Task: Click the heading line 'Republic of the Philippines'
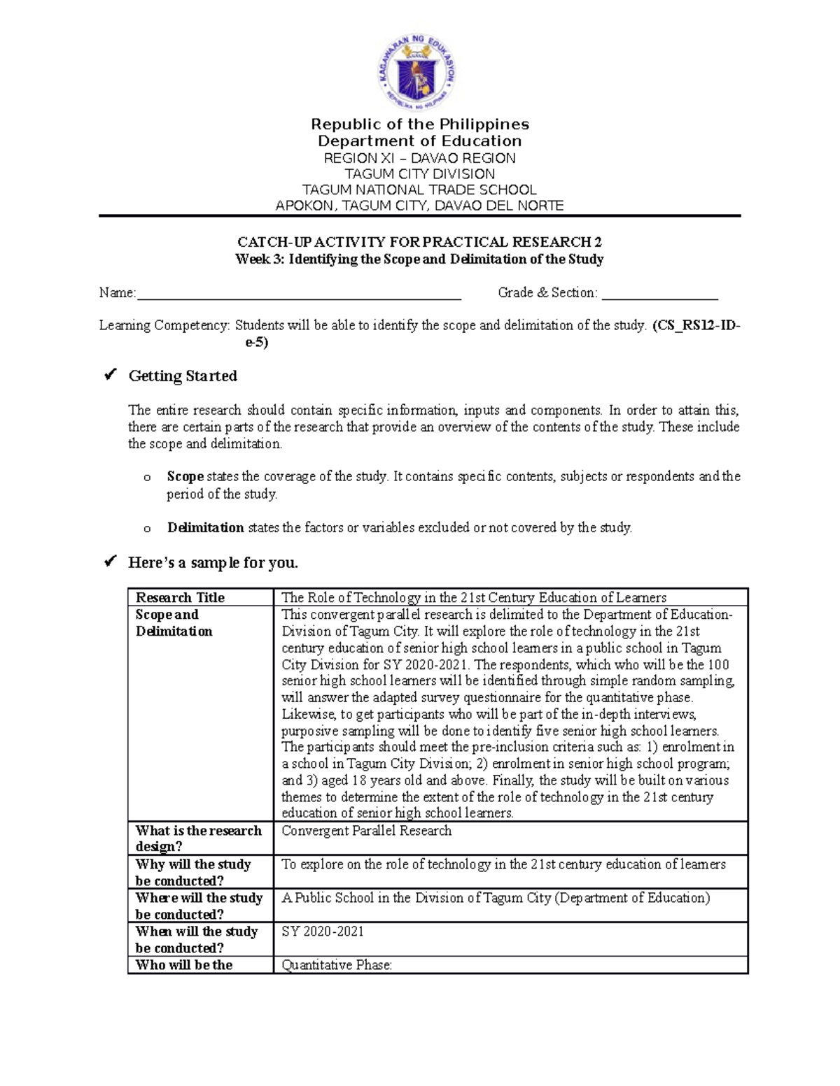pos(419,124)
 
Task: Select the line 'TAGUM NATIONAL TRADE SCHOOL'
pos(419,190)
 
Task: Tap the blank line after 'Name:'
pos(299,294)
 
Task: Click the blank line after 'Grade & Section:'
pos(659,294)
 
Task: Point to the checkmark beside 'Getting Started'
pos(110,376)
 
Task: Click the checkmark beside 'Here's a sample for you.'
pos(110,562)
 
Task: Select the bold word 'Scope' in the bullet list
pos(185,477)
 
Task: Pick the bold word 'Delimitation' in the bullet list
pos(205,528)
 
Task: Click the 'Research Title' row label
pos(180,598)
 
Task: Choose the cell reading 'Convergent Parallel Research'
pos(366,831)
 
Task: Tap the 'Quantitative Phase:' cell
pos(337,965)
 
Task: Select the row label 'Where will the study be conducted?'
pos(199,906)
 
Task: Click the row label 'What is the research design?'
pos(198,838)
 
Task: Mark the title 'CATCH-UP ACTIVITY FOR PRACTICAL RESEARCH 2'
pos(419,242)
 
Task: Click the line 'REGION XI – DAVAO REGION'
pos(419,158)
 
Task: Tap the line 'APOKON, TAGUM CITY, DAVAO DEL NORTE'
pos(419,206)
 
